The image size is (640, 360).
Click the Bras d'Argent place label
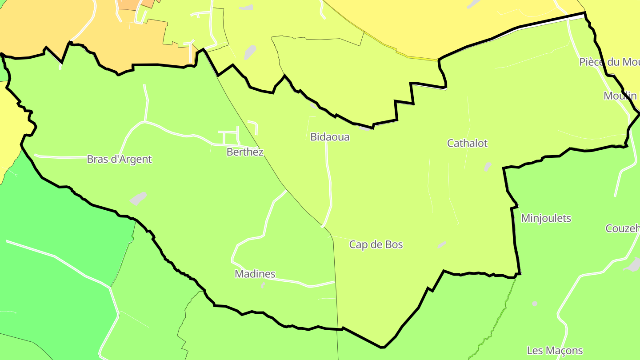point(119,159)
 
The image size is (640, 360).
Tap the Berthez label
point(245,152)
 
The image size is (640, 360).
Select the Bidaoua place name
point(330,137)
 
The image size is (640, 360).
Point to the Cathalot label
point(467,143)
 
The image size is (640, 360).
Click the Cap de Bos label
point(376,244)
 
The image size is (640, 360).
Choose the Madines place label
point(255,274)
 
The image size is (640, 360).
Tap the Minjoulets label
point(546,218)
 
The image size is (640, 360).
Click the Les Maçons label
point(555,351)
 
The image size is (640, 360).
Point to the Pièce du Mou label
point(609,62)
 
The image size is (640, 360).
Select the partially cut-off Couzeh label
point(622,228)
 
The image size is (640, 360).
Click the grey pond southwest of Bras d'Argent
point(138,198)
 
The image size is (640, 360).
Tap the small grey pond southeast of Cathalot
point(488,167)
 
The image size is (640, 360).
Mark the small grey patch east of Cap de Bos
point(441,244)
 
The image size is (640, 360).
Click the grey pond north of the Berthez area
point(250,52)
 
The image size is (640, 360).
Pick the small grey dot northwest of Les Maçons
point(535,304)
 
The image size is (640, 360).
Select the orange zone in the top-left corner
point(27,27)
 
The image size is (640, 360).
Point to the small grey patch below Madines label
point(263,284)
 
